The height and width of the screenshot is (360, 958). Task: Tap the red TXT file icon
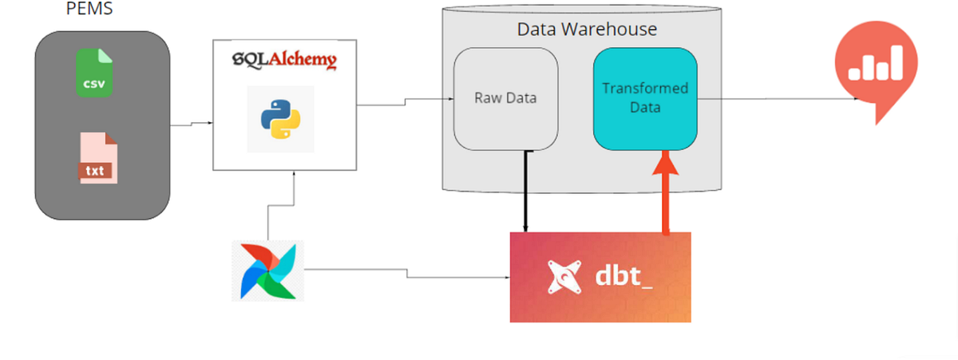97,160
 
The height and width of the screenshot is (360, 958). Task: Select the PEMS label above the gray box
88,11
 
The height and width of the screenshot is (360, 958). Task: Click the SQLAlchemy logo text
283,61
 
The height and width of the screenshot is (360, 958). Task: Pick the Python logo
280,119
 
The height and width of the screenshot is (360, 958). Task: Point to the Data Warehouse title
587,30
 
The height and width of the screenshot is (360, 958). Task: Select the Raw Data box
505,99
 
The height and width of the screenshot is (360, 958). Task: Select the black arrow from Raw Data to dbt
525,192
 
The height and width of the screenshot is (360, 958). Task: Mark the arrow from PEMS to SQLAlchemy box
192,124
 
